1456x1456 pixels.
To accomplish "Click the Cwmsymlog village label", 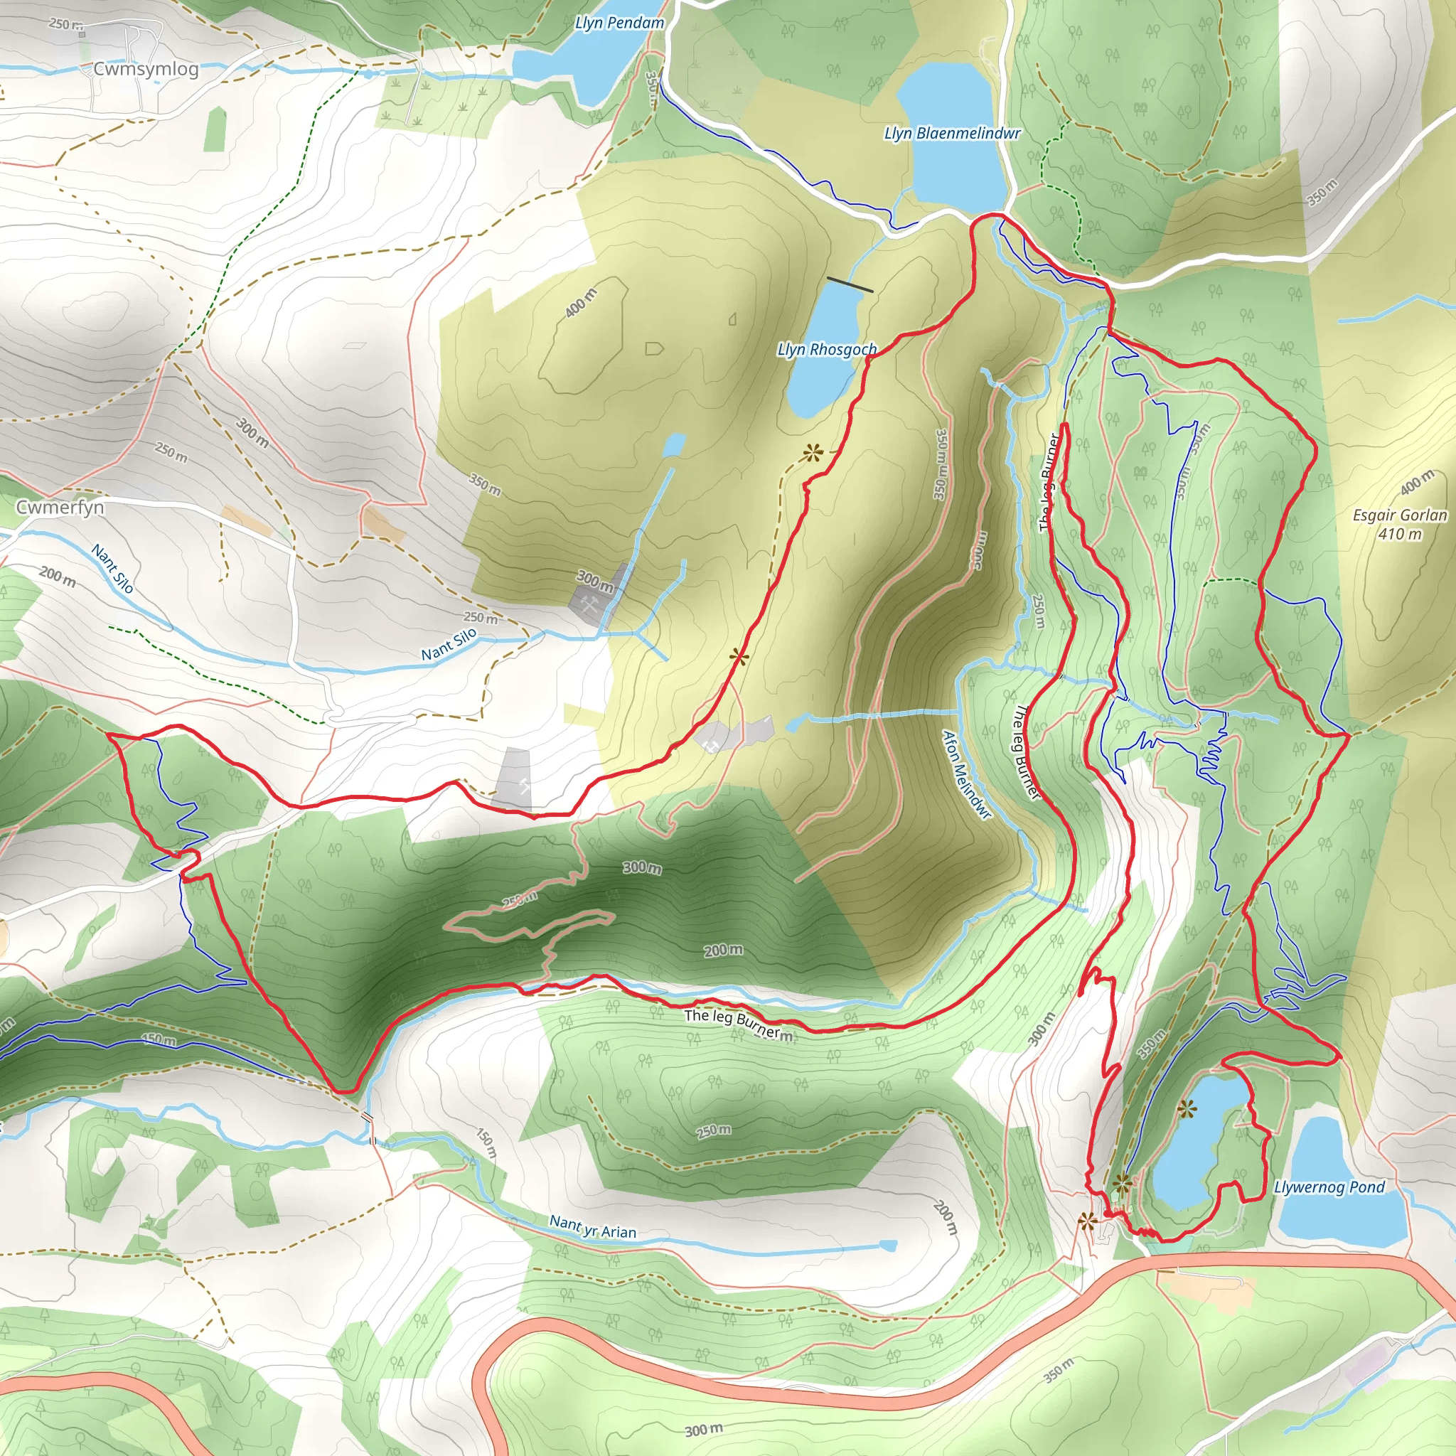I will tap(146, 70).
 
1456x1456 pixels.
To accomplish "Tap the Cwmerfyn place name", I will tap(60, 507).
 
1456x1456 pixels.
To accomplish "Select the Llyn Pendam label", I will tap(619, 23).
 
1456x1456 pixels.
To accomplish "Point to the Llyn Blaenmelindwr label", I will tap(952, 134).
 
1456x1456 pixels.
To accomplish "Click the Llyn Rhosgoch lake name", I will tap(827, 350).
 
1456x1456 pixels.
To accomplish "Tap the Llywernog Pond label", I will tap(1329, 1188).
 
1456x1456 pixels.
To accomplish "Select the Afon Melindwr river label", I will tap(967, 774).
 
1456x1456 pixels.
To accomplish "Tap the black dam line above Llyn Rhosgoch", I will tap(850, 284).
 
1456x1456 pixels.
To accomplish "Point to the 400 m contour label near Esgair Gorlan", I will tap(1417, 482).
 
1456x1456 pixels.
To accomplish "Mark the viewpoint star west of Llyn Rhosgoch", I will tap(812, 453).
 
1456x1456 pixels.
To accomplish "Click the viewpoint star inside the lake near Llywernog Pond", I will tap(1187, 1108).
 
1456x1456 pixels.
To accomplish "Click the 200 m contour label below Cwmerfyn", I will tap(58, 577).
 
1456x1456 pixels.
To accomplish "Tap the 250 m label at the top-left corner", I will tap(65, 24).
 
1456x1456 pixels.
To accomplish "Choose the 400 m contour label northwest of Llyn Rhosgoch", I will tap(580, 302).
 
